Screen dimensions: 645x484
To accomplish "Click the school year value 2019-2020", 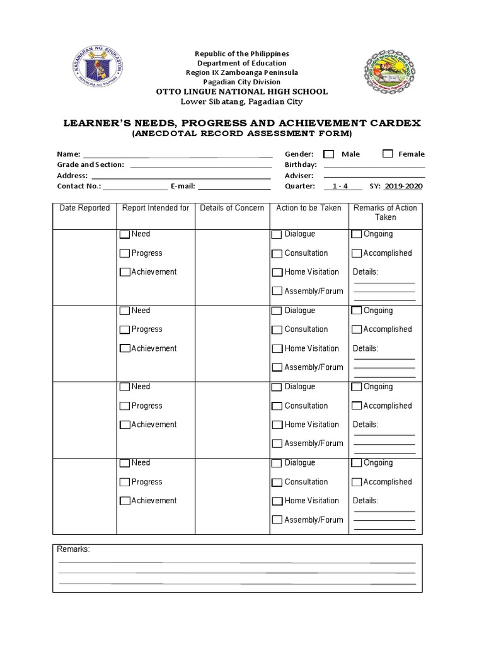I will pos(403,186).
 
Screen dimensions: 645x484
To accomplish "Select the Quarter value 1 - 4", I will pos(342,186).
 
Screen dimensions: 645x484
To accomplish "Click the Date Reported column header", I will pos(84,208).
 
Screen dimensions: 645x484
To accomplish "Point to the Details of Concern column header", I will pos(232,208).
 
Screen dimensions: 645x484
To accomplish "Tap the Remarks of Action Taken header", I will pos(385,212).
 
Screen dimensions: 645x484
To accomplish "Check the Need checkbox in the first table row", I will pos(125,234).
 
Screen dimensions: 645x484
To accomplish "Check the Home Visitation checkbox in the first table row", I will pos(277,273).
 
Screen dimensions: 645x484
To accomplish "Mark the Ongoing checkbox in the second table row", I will pos(357,311).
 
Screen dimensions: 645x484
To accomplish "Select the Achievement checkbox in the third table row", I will pos(125,425).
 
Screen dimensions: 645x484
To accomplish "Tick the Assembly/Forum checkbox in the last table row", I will pos(277,520).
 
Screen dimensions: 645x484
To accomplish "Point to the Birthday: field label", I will pos(301,165).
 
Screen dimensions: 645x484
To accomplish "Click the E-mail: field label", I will pos(183,186).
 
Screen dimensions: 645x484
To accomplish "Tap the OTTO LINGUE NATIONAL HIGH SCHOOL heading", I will pos(241,92).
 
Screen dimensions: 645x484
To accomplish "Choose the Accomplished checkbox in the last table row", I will pos(357,482).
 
